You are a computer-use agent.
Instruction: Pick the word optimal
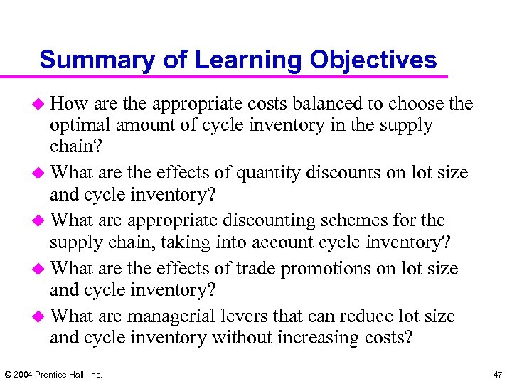(78, 125)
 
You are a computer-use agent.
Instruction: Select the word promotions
(329, 269)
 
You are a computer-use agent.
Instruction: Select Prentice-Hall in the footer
(63, 374)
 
